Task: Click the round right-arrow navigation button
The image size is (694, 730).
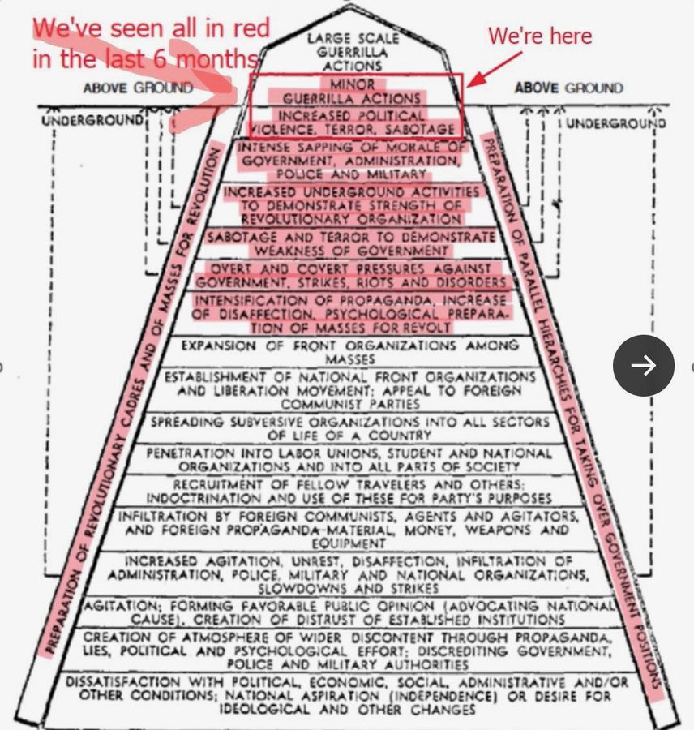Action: [x=643, y=366]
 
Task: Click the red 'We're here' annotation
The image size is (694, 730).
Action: [x=539, y=36]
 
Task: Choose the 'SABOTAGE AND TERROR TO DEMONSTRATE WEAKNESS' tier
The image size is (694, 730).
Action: [x=351, y=243]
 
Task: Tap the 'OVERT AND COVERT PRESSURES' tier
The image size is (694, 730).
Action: [x=351, y=275]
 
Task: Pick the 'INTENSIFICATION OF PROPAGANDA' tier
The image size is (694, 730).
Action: [x=350, y=313]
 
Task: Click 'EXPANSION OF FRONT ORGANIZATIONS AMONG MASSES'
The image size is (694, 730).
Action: [x=350, y=352]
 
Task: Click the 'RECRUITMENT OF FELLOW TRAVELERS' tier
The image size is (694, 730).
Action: [x=350, y=491]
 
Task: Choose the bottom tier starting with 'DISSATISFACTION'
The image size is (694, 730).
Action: [x=349, y=695]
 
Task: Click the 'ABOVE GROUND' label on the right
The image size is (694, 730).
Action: [x=568, y=88]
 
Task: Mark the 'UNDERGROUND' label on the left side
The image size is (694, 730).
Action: [x=92, y=121]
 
